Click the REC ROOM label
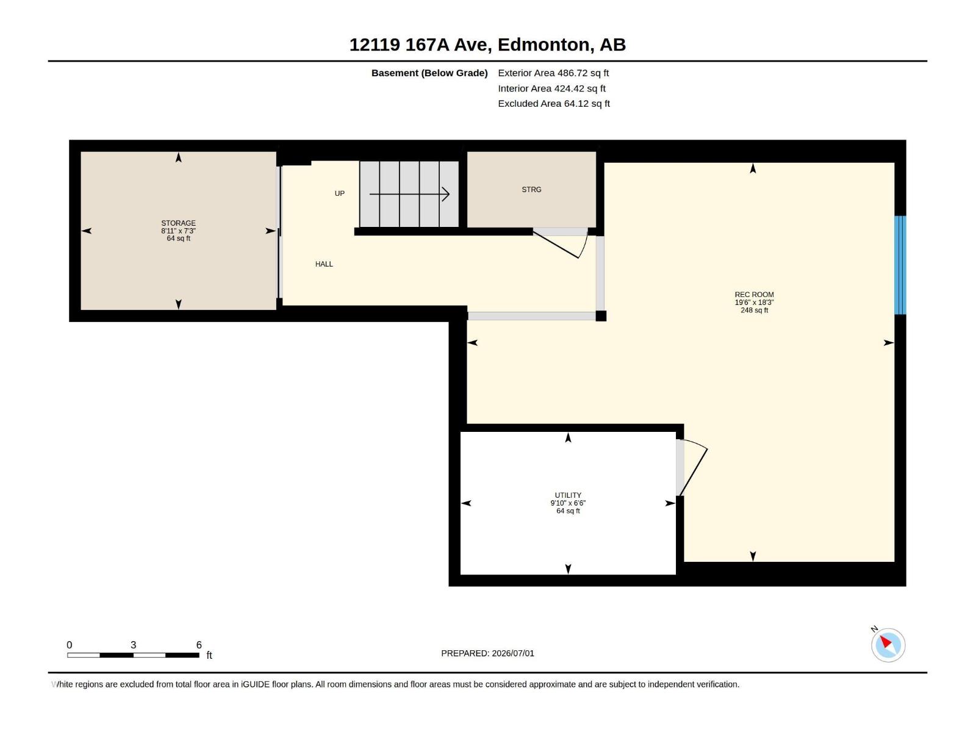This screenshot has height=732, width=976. tap(754, 295)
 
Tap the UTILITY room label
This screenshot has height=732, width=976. tap(568, 495)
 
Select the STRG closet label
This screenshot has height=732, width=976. tap(531, 190)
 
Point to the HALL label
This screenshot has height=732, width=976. tap(324, 264)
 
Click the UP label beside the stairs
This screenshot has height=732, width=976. tap(340, 193)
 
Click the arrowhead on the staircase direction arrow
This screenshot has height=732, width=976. tap(446, 194)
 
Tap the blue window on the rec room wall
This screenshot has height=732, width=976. tap(900, 265)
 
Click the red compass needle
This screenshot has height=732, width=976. tap(885, 641)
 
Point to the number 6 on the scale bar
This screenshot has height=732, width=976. tap(199, 645)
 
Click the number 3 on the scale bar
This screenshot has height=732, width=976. tap(134, 645)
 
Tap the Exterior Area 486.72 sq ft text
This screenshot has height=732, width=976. tap(553, 73)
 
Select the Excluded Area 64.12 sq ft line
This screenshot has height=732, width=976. tap(554, 104)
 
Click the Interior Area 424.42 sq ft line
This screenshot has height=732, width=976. tap(551, 88)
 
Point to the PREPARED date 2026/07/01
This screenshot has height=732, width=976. tap(512, 653)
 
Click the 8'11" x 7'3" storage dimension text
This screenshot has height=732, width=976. tap(178, 231)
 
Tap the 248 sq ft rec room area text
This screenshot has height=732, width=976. tap(754, 310)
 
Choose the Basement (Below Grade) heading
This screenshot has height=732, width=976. tap(429, 73)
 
